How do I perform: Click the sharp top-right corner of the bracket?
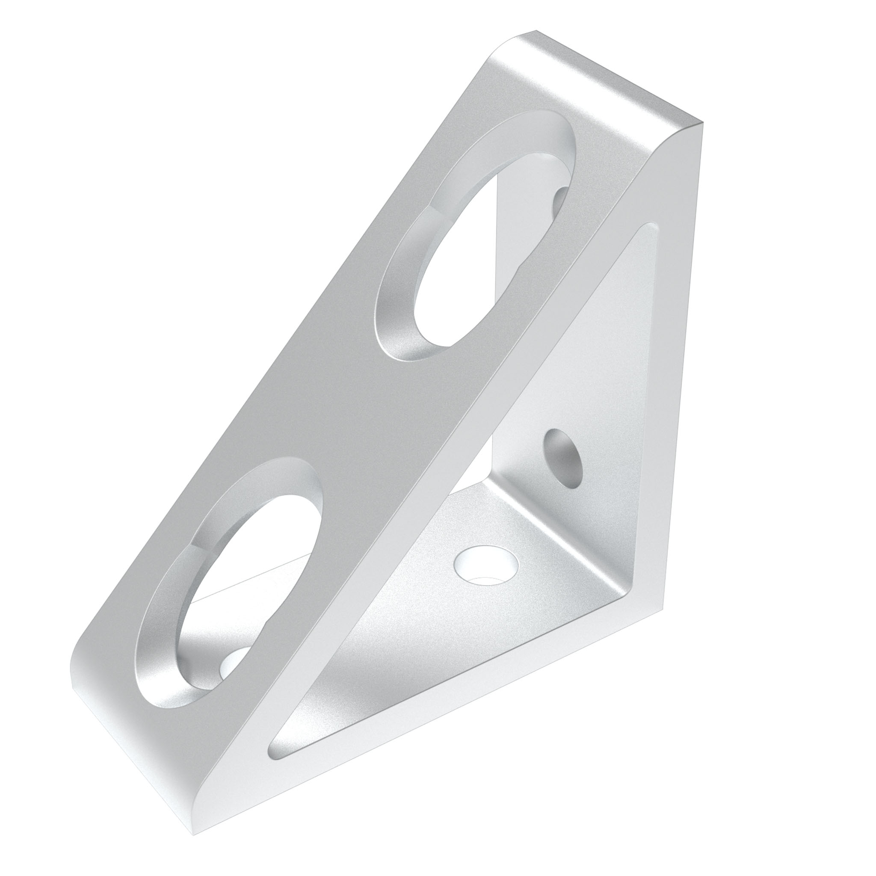click(x=702, y=123)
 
